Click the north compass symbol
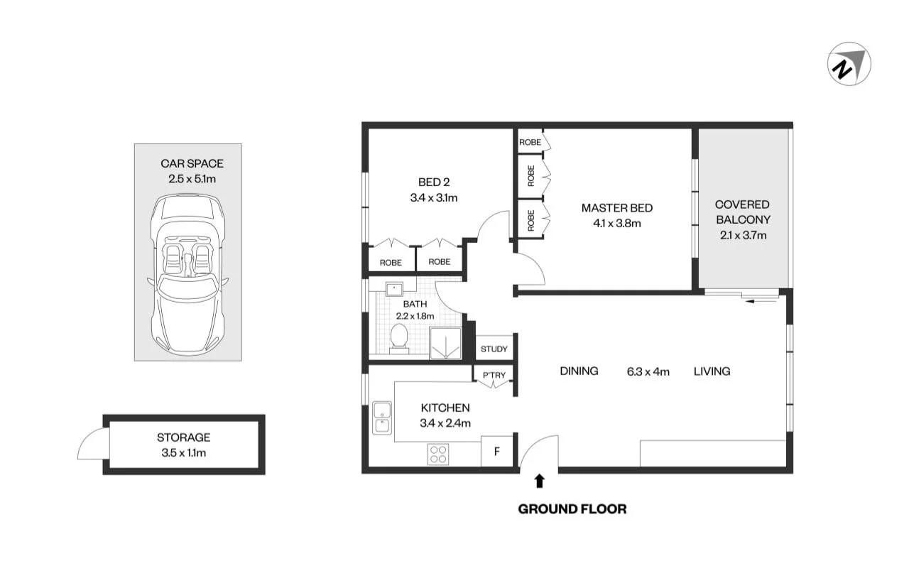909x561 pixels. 849,64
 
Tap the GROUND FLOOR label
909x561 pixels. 572,508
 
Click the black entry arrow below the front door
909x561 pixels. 540,481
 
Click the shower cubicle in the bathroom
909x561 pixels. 445,343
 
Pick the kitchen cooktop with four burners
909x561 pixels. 438,454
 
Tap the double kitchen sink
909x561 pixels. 381,418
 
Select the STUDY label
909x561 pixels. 494,349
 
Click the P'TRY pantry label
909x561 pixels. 494,375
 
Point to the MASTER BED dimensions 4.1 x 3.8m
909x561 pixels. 616,223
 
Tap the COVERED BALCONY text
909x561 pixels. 742,212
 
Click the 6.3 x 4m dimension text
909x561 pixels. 648,371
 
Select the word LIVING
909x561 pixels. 712,371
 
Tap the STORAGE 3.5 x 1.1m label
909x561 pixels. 183,445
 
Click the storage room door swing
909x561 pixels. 92,445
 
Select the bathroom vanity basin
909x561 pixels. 394,288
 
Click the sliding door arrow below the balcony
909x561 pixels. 760,302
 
